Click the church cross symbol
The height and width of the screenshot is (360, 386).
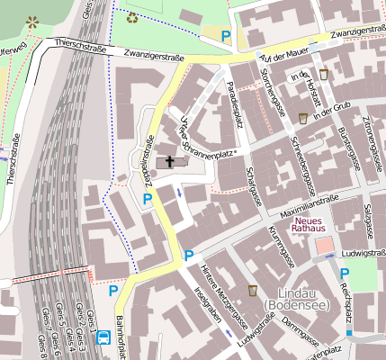(x=169, y=162)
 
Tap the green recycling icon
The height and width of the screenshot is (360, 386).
(x=132, y=17)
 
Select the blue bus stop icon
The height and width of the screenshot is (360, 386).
(x=103, y=338)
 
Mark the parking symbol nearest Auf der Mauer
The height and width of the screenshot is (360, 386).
(x=227, y=37)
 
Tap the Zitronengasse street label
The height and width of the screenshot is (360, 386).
(x=371, y=135)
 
